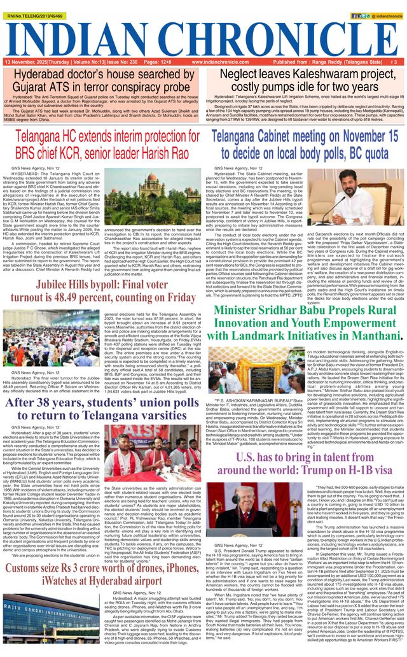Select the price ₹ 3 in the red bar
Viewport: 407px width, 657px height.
point(394,62)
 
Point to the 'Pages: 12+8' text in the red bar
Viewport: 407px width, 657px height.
point(157,62)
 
